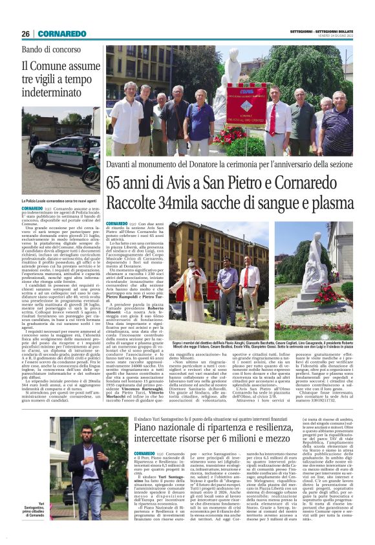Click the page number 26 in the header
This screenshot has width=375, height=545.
pyautogui.click(x=26, y=34)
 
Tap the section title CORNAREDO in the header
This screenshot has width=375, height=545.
pyautogui.click(x=61, y=34)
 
